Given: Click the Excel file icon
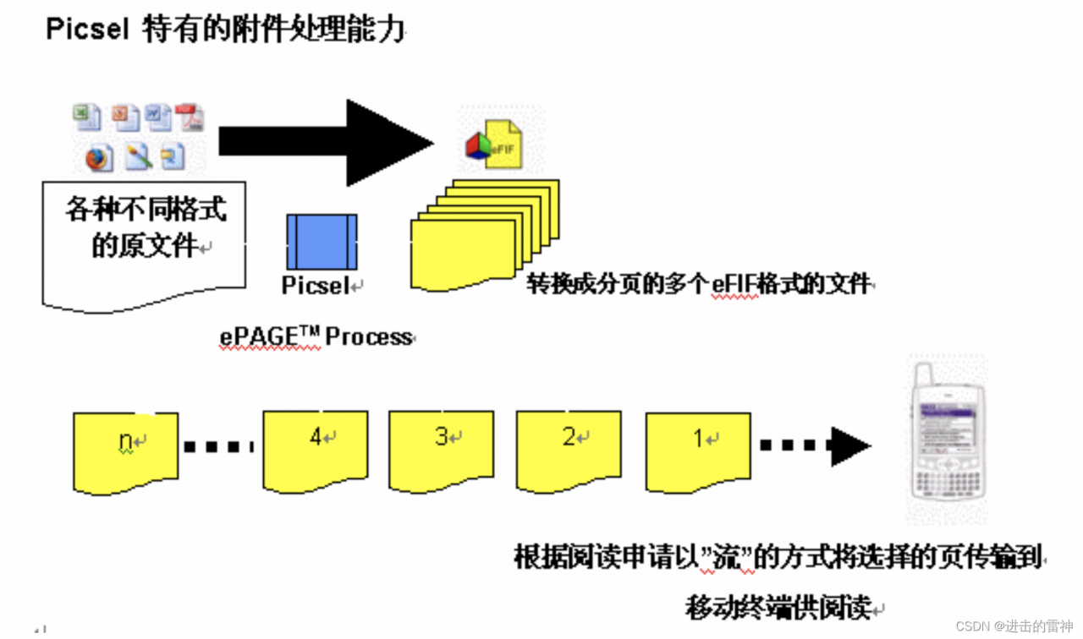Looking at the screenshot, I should (x=86, y=117).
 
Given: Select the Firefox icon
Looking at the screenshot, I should (x=98, y=157).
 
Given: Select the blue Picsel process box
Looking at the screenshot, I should (x=322, y=242).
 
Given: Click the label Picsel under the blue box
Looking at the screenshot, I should (x=315, y=286).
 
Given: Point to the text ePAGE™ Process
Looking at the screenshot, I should (x=316, y=336).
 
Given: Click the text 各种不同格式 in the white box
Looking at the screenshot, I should (x=146, y=209).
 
